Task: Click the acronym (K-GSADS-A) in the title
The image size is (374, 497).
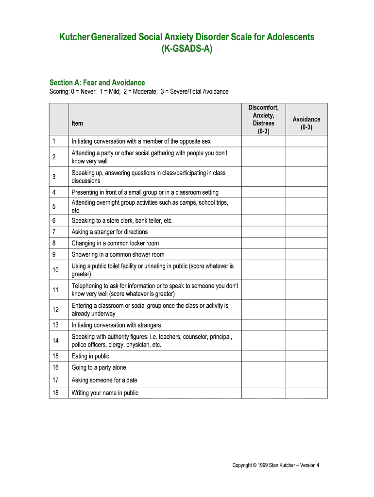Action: coord(187,49)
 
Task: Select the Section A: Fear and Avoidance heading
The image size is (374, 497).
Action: coord(97,83)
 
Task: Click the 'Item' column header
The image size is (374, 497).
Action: coord(77,123)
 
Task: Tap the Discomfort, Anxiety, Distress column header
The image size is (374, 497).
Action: coord(263,119)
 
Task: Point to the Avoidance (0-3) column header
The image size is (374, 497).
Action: coord(306,123)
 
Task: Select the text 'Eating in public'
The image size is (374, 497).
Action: coord(90,356)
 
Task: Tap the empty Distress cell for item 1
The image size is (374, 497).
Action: coord(263,141)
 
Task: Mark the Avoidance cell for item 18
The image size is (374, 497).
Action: coord(306,393)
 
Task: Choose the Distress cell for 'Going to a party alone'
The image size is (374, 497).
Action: coord(263,367)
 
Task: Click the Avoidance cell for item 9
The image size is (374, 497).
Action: coord(306,254)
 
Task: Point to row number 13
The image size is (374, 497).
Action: coord(55,325)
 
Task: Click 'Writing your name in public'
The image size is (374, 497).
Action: coord(105,393)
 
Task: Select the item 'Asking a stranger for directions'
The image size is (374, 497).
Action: coord(110,232)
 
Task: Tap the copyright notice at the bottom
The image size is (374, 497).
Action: coord(275,465)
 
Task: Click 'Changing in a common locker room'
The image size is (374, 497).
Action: coord(115,243)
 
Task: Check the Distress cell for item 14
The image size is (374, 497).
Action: coord(263,341)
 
